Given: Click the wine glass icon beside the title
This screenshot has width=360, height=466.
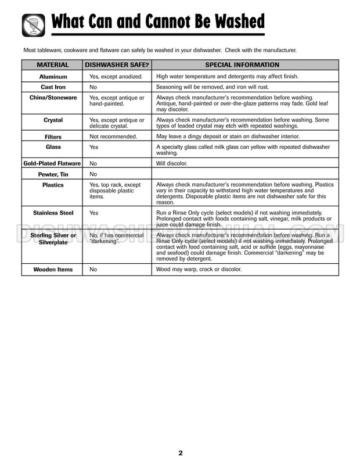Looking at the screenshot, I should click(33, 25).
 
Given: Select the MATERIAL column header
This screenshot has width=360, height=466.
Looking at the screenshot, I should click(53, 65).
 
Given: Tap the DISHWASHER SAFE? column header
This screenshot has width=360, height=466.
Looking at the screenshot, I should click(117, 65).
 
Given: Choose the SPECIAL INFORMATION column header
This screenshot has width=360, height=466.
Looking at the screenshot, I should click(242, 65).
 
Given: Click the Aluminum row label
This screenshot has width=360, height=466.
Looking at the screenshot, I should click(53, 77).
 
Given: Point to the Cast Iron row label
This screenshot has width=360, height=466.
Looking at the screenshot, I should click(53, 87).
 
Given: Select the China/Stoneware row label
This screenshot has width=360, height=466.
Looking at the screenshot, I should click(53, 98).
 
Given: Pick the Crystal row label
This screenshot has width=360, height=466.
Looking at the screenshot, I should click(53, 120).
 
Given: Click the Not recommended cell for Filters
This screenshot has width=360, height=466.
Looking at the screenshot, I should click(113, 137).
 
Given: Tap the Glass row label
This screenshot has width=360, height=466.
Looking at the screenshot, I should click(53, 148).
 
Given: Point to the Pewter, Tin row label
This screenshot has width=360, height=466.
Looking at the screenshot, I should click(53, 174).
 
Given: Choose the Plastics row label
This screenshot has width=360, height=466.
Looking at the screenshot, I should click(53, 185).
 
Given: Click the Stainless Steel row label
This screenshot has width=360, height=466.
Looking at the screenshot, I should click(53, 213).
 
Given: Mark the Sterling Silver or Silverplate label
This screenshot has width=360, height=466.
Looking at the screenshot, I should click(53, 239).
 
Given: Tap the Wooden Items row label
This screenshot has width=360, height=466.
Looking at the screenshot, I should click(53, 270).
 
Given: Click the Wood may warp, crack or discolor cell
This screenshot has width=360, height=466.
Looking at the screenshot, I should click(199, 270).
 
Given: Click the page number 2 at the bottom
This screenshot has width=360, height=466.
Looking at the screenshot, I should click(181, 453).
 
